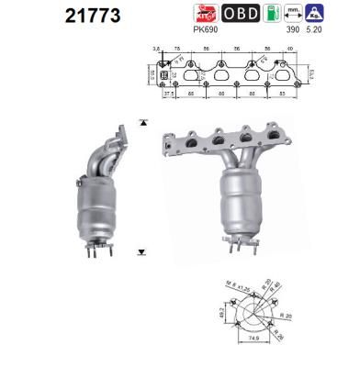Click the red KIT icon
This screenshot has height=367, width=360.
(x=203, y=14)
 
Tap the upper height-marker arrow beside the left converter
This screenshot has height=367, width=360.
(x=141, y=121)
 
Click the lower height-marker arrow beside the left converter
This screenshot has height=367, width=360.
(x=141, y=250)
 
